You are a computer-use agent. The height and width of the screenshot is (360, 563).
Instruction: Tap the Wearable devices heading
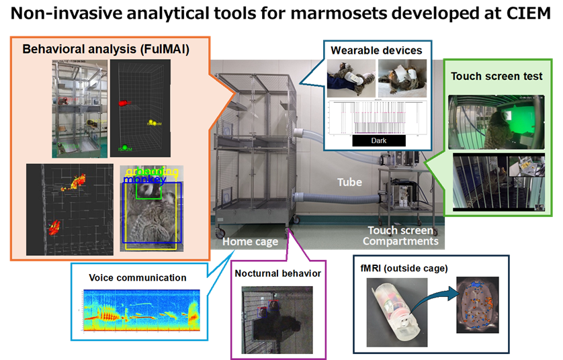376,50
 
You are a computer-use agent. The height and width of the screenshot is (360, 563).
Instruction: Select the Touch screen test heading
496,76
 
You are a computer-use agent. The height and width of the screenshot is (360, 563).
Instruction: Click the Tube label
349,182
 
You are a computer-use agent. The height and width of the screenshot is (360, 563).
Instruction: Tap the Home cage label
250,241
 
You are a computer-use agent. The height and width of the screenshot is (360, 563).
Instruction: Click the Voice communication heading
137,277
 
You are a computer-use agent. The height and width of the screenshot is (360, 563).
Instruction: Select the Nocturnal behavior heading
277,273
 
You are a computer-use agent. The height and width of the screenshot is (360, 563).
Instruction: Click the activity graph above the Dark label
377,118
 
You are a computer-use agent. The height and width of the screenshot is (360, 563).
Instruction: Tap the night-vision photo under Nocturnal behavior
277,318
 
